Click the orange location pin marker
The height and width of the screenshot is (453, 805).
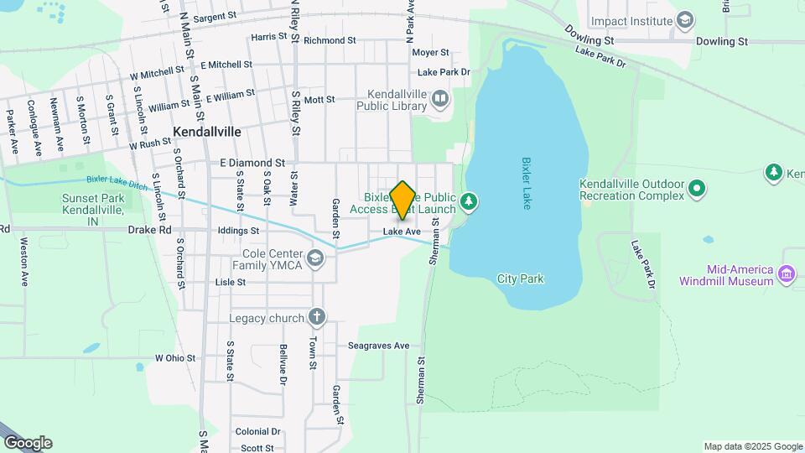[x=403, y=200]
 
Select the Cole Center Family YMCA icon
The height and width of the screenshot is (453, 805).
[x=315, y=258]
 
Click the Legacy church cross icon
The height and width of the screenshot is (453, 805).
[x=316, y=317]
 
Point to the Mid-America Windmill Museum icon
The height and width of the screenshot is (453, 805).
[x=787, y=274]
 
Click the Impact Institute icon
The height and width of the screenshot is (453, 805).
[x=685, y=20]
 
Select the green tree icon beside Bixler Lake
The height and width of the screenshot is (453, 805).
[x=469, y=201]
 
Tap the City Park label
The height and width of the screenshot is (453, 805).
[x=521, y=279]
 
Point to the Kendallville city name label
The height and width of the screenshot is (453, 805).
[x=206, y=132]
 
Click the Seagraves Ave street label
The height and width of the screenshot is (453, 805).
[x=379, y=346]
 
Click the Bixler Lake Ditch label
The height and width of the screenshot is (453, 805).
[x=117, y=180]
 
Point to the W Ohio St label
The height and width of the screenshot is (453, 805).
[x=174, y=358]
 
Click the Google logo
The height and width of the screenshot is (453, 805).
[x=28, y=443]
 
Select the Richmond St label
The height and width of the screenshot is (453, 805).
[x=330, y=40]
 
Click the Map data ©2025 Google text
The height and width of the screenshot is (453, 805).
[x=753, y=446]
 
